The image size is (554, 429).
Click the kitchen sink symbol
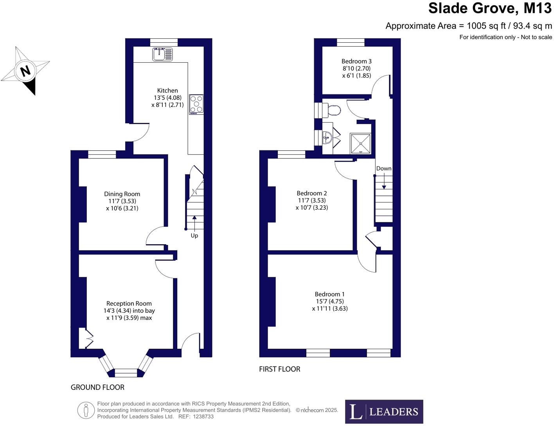coord(162,54)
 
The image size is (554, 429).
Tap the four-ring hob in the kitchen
coord(196,104)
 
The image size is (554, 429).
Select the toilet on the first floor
coord(333,110)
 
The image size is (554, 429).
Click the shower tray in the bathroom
coord(360,144)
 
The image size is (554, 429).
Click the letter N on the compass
coord(25,71)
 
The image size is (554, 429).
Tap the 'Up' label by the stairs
coord(194,236)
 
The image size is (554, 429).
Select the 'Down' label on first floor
coord(383,168)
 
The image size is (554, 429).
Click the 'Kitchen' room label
coord(167,90)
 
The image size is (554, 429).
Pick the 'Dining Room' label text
coord(122,194)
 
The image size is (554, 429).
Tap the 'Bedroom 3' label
coord(356,61)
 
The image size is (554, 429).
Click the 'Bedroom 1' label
coord(330,294)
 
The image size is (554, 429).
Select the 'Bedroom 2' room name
coord(312,193)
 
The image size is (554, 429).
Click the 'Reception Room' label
coord(129,303)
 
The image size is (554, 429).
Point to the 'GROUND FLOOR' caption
coord(97,387)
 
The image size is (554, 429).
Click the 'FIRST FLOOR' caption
coord(280,369)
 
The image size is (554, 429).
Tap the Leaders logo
coord(384,411)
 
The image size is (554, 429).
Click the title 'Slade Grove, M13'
coord(490,8)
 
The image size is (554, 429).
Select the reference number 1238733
coord(203,417)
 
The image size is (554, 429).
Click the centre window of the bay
coord(126,373)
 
